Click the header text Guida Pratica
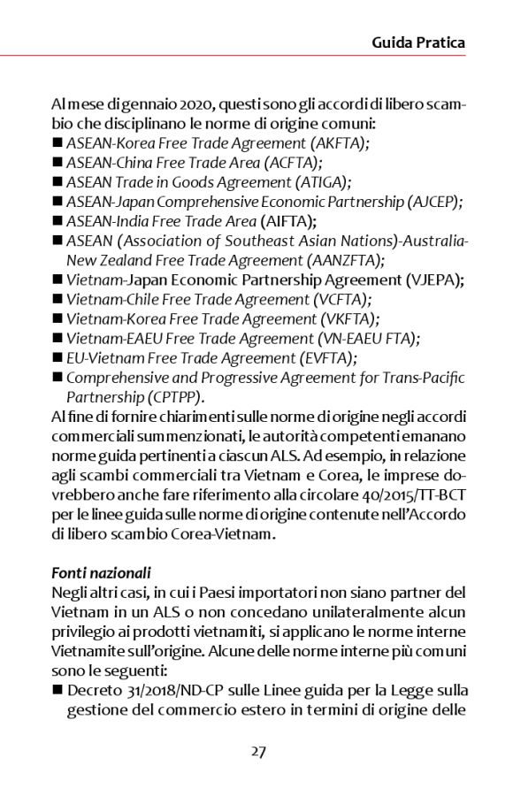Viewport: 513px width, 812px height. (418, 42)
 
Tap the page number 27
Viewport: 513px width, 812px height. (258, 751)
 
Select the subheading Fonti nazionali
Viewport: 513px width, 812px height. (101, 571)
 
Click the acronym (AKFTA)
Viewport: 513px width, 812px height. (337, 142)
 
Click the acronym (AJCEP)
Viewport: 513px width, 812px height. (432, 201)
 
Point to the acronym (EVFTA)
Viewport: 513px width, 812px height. (323, 357)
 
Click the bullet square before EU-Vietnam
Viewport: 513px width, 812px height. (57, 357)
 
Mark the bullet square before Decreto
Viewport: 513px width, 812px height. (57, 690)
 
